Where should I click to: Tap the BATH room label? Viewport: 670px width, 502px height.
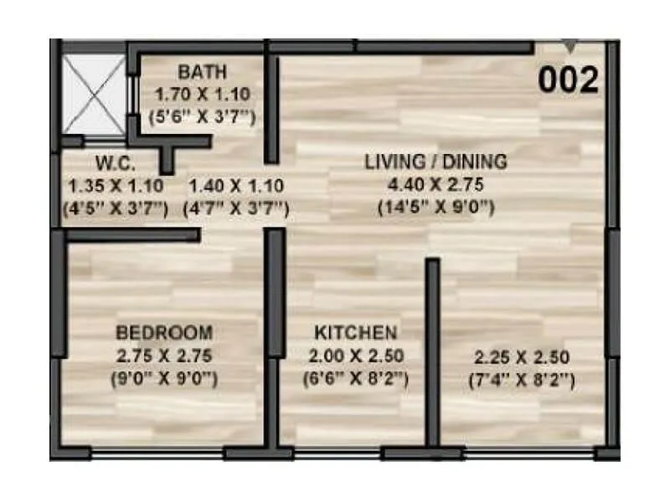click(202, 71)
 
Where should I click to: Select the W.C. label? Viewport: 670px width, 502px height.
click(115, 163)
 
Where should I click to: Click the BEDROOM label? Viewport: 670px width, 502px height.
click(164, 330)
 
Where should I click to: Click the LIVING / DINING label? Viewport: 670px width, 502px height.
click(435, 161)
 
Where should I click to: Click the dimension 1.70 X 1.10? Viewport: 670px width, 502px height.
click(202, 95)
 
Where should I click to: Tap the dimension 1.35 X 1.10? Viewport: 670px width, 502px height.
click(115, 186)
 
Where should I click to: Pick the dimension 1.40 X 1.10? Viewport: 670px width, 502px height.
click(235, 186)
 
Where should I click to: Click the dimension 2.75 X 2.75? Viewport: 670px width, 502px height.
click(164, 355)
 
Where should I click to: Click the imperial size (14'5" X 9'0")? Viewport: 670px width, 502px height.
click(435, 207)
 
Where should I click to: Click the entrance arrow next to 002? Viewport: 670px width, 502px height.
click(569, 47)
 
